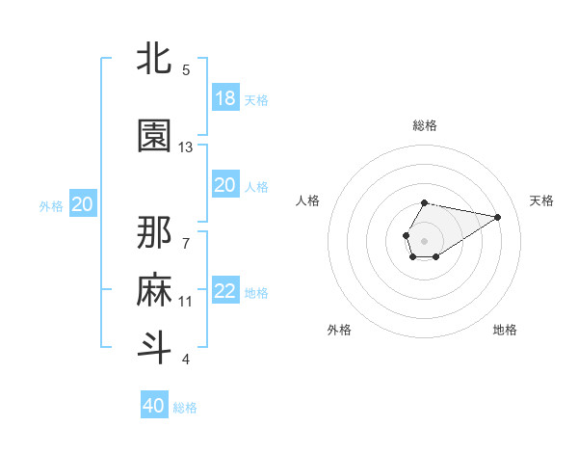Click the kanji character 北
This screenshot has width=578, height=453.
click(154, 59)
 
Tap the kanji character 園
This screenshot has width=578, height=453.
click(154, 137)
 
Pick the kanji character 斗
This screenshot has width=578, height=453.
click(154, 347)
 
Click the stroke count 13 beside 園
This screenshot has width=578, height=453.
click(186, 147)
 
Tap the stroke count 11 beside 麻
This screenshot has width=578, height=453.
click(186, 301)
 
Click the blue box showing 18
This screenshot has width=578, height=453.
click(225, 98)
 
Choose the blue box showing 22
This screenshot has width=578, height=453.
click(225, 291)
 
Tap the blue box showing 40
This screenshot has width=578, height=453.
click(154, 406)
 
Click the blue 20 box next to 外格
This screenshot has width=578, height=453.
click(83, 204)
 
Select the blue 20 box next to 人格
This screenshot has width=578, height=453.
click(225, 185)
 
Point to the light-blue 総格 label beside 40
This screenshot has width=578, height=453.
click(186, 408)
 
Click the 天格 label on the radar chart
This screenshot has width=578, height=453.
click(541, 200)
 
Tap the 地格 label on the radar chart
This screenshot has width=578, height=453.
click(505, 331)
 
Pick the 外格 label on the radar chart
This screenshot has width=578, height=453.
click(339, 331)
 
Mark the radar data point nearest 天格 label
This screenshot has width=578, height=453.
click(498, 215)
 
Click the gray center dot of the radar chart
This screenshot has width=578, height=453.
click(424, 239)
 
